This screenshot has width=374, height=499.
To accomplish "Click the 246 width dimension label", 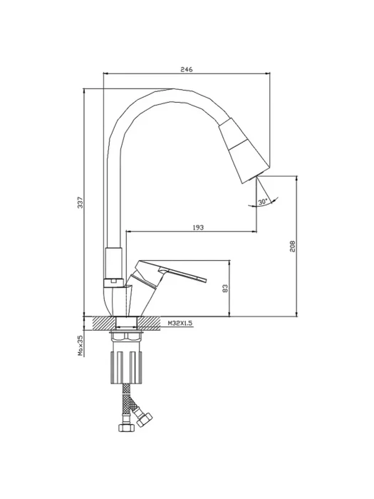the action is pos(187,70).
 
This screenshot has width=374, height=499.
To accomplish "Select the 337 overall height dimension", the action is pos(80,202).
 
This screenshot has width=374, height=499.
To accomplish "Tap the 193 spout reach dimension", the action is pos(198,227).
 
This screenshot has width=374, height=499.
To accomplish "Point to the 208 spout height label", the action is pos(293,246).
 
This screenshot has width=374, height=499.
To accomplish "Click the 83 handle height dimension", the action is pos(225,288).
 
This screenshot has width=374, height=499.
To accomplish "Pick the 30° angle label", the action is pos(262,202).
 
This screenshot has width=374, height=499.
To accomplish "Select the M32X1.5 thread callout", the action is pos(180,323).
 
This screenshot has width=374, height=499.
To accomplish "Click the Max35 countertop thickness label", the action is pos(80,345).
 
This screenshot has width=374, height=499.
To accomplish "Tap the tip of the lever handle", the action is pos(205,279).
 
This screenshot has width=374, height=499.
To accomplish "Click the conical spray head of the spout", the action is pos(244,150).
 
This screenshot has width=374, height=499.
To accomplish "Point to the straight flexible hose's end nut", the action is pos(126,428).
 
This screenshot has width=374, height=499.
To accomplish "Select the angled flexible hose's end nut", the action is pos(144,419).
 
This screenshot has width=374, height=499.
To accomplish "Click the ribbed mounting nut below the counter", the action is pos(126,367).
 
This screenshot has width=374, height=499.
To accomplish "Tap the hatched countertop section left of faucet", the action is pos(104,324).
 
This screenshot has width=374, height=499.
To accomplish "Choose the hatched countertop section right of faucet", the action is pos(148,324).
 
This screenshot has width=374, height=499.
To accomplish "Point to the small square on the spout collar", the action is pos(113,281).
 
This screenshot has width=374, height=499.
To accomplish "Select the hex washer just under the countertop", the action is pos(126,336).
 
